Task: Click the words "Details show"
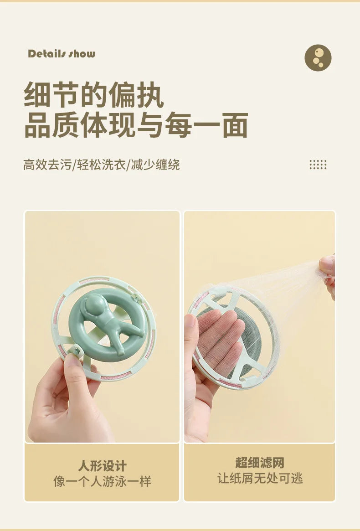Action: (62, 54)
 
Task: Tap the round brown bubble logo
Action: (318, 58)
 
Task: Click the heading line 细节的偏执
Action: (93, 95)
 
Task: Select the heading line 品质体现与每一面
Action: (136, 125)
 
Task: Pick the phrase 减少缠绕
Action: (155, 165)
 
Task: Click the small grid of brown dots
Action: (318, 165)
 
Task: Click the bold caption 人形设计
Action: (102, 466)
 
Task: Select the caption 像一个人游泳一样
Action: (102, 481)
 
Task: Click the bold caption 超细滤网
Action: (260, 463)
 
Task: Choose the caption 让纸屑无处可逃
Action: (260, 478)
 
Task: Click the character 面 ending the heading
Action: (235, 125)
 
